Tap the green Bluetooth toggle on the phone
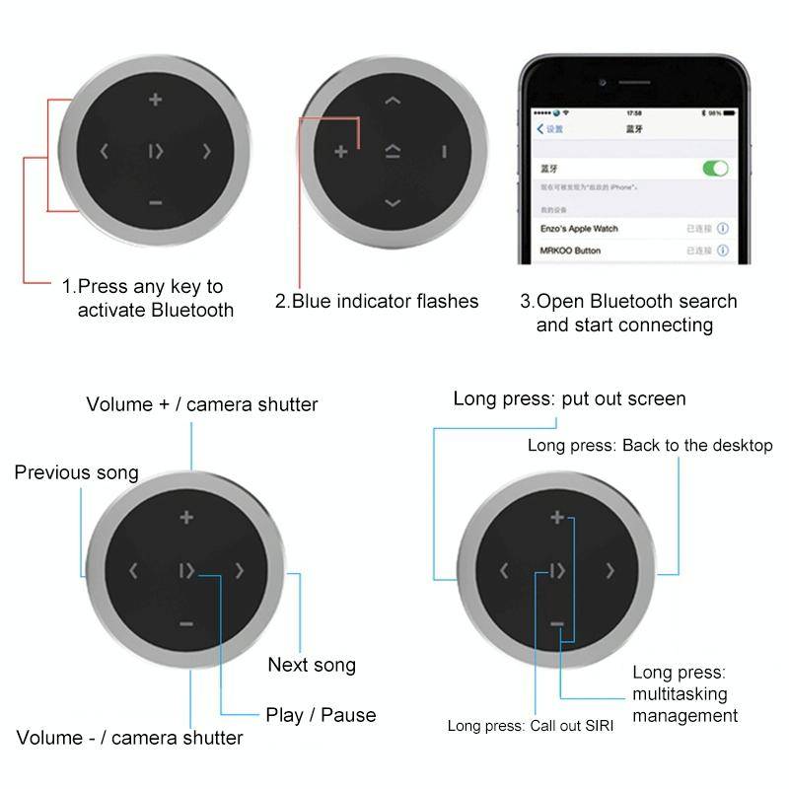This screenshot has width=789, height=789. pyautogui.click(x=715, y=169)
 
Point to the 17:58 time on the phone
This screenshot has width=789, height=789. pyautogui.click(x=634, y=113)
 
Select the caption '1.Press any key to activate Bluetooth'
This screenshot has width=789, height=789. pyautogui.click(x=148, y=298)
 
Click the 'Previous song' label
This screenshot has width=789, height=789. pyautogui.click(x=76, y=472)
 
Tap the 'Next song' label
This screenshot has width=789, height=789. pyautogui.click(x=312, y=665)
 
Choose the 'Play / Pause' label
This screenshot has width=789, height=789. pyautogui.click(x=321, y=714)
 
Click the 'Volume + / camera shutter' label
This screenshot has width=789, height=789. pyautogui.click(x=202, y=404)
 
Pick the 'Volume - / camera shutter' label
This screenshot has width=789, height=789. pyautogui.click(x=129, y=738)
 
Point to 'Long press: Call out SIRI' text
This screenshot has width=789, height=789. pyautogui.click(x=530, y=726)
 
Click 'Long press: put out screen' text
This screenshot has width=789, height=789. pyautogui.click(x=569, y=398)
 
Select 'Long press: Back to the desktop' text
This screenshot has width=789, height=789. pyautogui.click(x=650, y=446)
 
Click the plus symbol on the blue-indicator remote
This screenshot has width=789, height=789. pyautogui.click(x=341, y=151)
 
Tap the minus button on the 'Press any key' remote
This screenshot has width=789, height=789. pyautogui.click(x=155, y=203)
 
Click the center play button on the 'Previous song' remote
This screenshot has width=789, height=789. pyautogui.click(x=185, y=570)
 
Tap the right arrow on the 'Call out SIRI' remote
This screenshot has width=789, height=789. pyautogui.click(x=610, y=570)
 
